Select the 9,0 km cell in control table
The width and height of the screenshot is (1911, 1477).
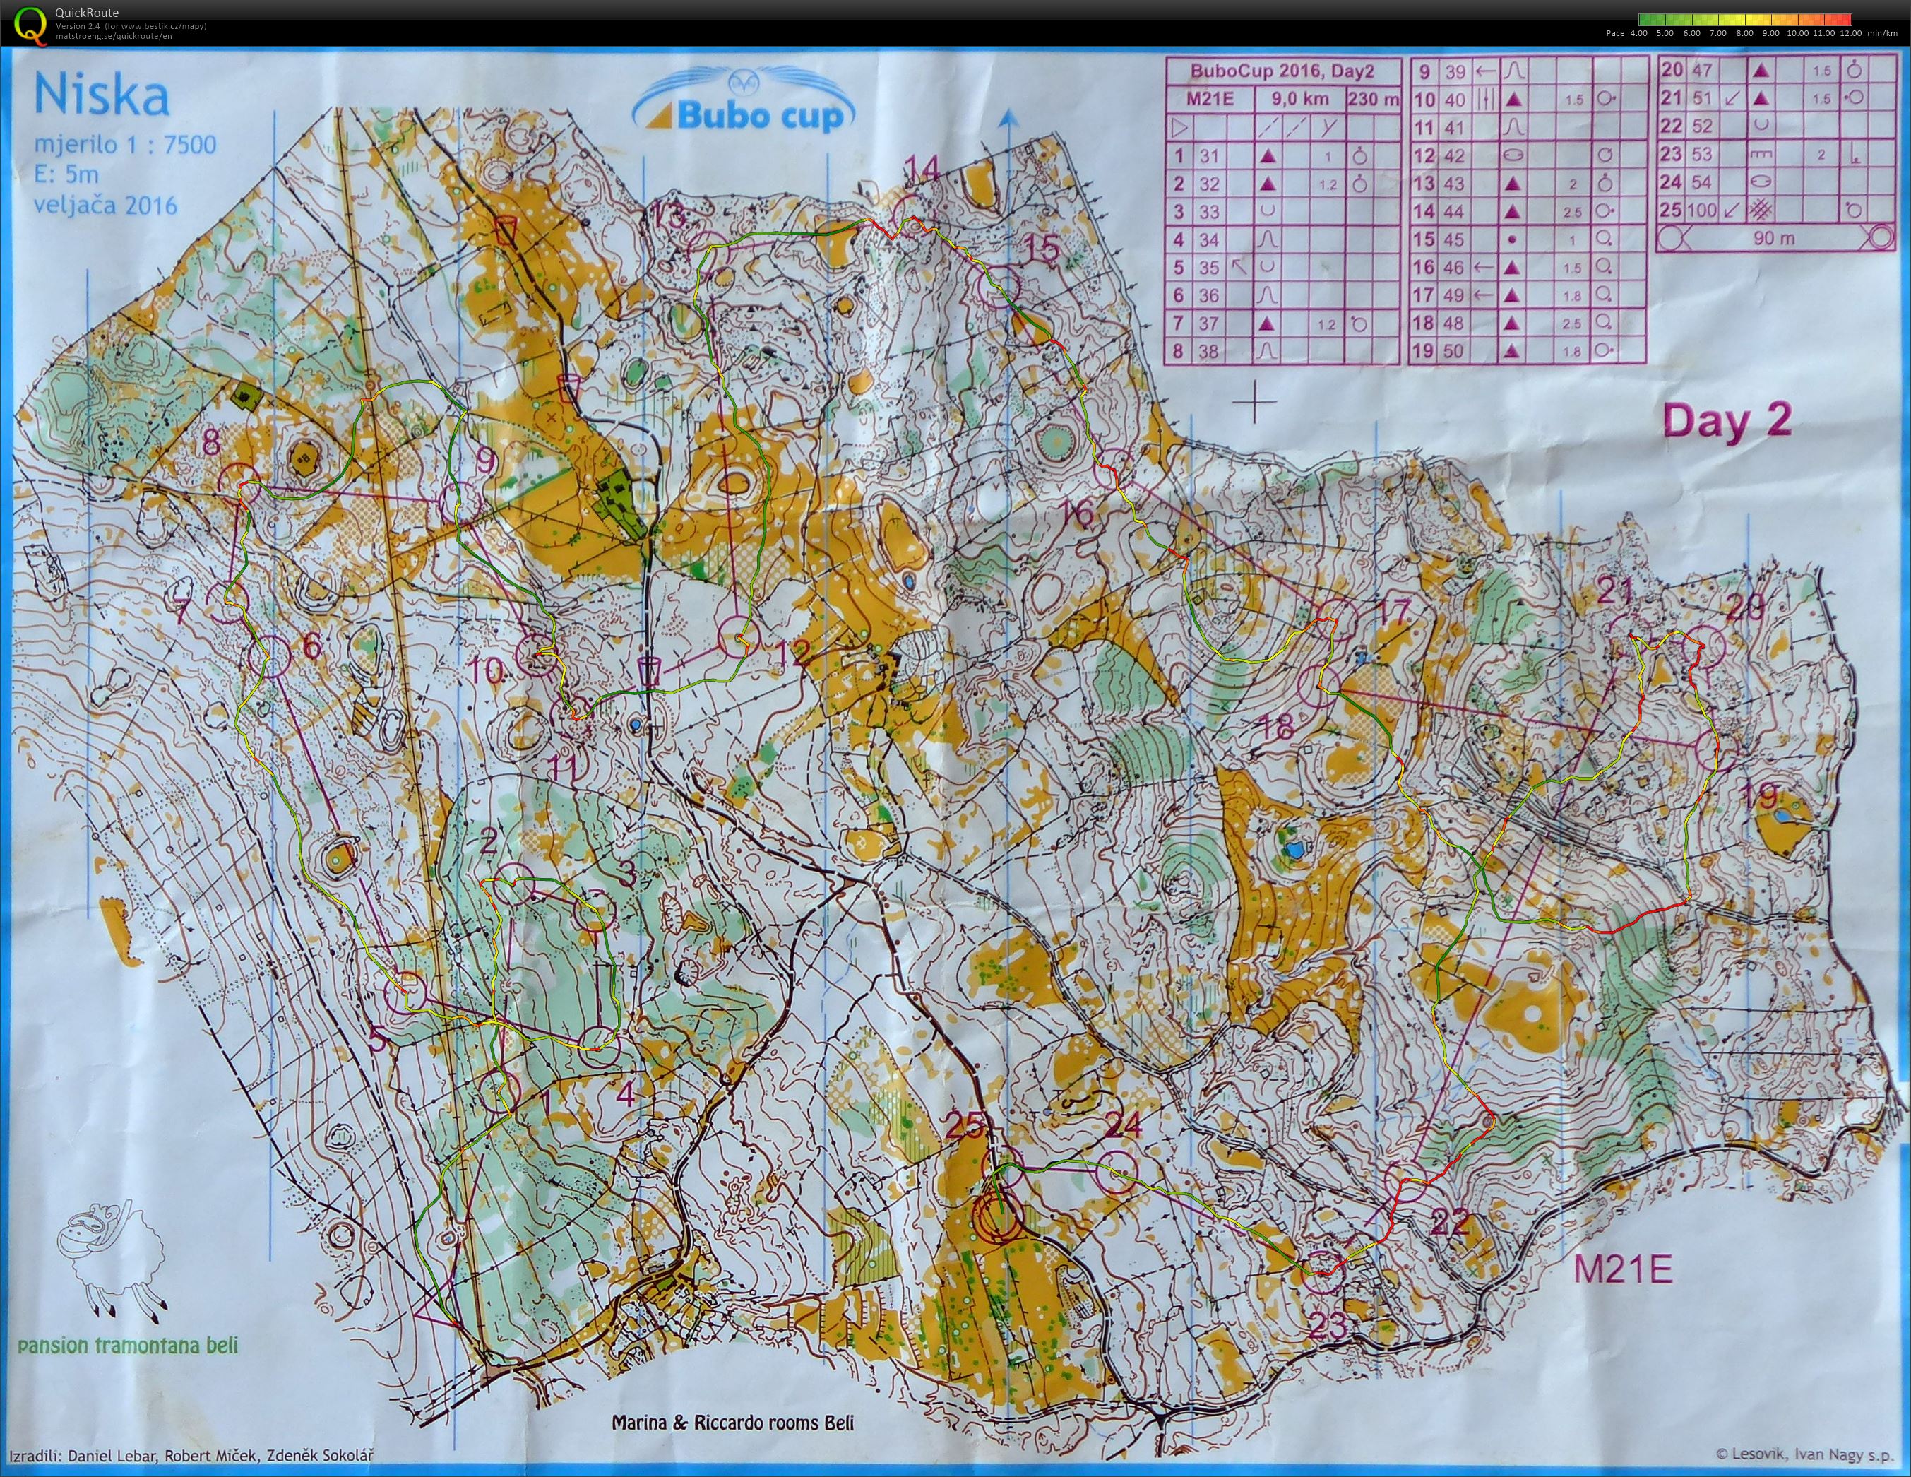click(1286, 99)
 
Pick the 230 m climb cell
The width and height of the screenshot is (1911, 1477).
click(1373, 99)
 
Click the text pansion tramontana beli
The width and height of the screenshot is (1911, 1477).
click(127, 1344)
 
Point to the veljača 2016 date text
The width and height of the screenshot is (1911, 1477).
click(105, 206)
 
